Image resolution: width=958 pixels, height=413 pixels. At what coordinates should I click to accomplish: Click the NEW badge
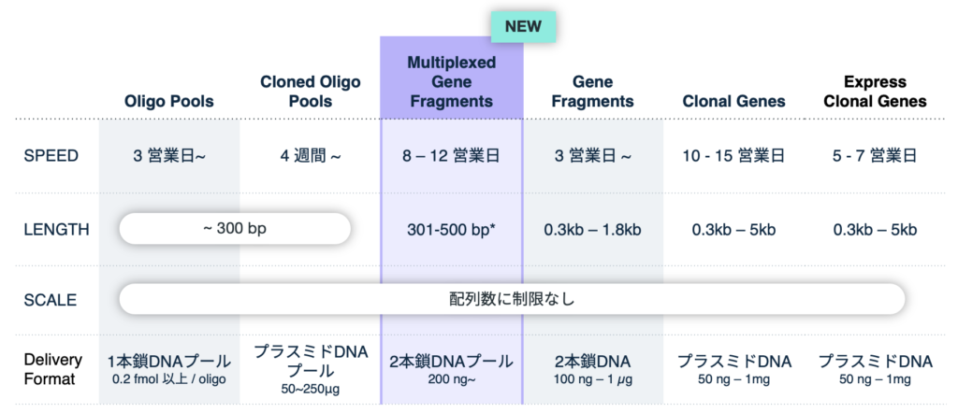(x=524, y=27)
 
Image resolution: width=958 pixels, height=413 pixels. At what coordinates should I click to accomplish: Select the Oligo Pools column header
(x=169, y=101)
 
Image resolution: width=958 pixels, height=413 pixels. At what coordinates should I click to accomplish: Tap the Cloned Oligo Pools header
(x=311, y=91)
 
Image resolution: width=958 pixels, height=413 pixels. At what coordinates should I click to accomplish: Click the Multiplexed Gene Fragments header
(x=452, y=81)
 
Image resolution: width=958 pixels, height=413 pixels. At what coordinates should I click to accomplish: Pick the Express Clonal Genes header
(x=875, y=91)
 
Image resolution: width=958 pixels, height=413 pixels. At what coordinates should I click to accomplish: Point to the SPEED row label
(x=51, y=155)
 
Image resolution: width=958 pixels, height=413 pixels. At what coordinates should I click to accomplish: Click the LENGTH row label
(x=56, y=229)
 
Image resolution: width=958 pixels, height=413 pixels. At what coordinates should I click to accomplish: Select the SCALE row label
(x=51, y=300)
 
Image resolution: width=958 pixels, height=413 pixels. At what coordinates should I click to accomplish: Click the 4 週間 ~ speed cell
(x=311, y=156)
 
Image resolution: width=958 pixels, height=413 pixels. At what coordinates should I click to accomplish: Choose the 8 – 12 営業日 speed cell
(x=452, y=156)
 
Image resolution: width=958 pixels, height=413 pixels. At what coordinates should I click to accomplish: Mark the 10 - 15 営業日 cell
(x=733, y=156)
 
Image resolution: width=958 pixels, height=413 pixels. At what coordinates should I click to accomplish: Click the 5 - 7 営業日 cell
(x=875, y=156)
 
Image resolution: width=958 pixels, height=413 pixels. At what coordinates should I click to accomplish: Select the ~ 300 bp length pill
(x=235, y=229)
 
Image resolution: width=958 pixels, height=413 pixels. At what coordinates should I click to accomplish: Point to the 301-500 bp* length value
(x=452, y=230)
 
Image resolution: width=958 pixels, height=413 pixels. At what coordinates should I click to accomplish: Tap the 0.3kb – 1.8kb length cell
(x=592, y=230)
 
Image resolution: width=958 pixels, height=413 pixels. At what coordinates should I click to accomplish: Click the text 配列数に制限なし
(x=512, y=300)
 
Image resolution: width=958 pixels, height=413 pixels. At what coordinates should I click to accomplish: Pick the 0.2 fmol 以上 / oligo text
(x=169, y=379)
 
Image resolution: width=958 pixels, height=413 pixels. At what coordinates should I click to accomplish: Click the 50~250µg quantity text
(x=311, y=390)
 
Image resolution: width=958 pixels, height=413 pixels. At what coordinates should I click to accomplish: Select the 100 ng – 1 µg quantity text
(x=592, y=379)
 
